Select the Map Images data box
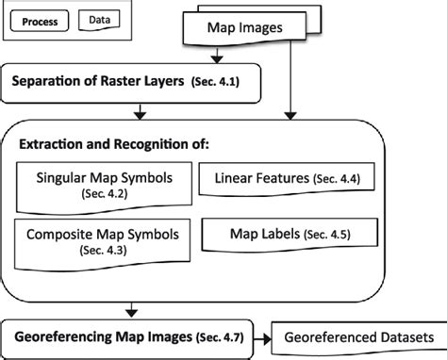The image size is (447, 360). (x=244, y=29)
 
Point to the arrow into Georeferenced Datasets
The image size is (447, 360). (x=264, y=337)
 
